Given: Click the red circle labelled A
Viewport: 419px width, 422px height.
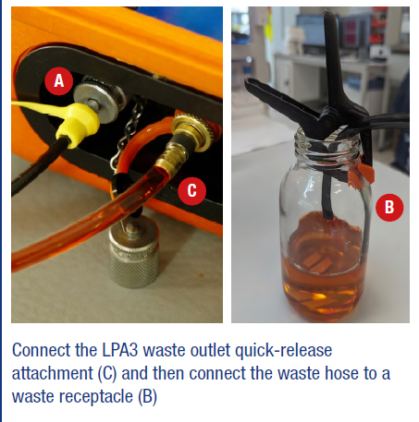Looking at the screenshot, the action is (x=59, y=81).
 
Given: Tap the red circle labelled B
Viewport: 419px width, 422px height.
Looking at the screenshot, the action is (x=389, y=207).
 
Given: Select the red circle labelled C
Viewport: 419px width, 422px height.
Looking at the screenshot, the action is (x=191, y=190).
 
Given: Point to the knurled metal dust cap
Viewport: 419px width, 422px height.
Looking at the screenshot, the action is (x=133, y=251).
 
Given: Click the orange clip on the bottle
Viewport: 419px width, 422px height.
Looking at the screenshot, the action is (x=361, y=174).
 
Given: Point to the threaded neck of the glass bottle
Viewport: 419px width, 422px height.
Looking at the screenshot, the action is (x=327, y=145).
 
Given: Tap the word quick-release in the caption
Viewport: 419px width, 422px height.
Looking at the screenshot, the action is (x=283, y=351).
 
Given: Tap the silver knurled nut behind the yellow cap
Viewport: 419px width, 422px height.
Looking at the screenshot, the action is (x=100, y=99).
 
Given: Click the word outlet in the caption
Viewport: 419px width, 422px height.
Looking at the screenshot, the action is (x=210, y=350).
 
